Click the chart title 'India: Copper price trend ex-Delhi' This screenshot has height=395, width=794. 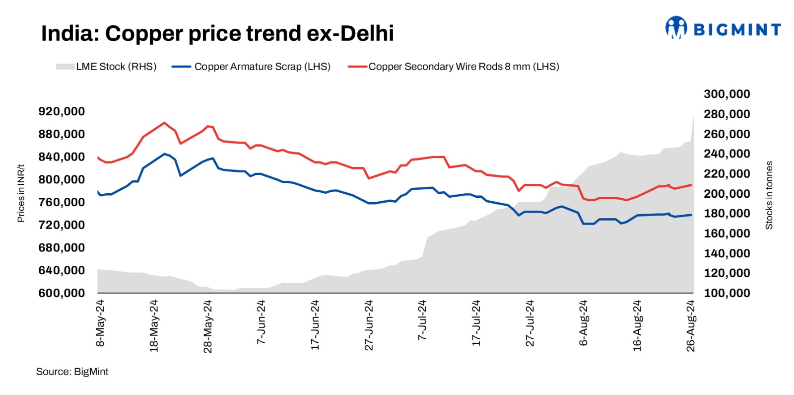[x=217, y=34]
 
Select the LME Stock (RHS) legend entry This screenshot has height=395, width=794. [x=106, y=67]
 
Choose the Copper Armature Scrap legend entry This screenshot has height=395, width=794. [x=251, y=67]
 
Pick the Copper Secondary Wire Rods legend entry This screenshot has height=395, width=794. [x=454, y=67]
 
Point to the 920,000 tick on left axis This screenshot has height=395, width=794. [x=62, y=111]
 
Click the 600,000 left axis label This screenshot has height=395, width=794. [x=62, y=293]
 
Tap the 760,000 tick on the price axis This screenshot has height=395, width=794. [x=62, y=202]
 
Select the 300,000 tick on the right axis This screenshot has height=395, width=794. [x=727, y=94]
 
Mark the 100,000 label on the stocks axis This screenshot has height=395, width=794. [x=727, y=293]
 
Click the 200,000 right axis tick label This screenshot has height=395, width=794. [x=727, y=194]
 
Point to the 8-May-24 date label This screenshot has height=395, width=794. [x=100, y=323]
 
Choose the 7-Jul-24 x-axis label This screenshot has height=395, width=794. [x=422, y=320]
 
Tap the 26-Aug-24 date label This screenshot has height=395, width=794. [x=691, y=326]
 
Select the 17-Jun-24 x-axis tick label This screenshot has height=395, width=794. [x=315, y=325]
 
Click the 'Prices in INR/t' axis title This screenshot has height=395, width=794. [x=21, y=193]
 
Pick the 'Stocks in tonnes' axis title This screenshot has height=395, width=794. [x=769, y=195]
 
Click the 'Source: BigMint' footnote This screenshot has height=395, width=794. [x=72, y=372]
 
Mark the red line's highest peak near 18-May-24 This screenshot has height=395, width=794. [x=164, y=122]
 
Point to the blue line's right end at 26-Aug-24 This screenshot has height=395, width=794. [x=691, y=215]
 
